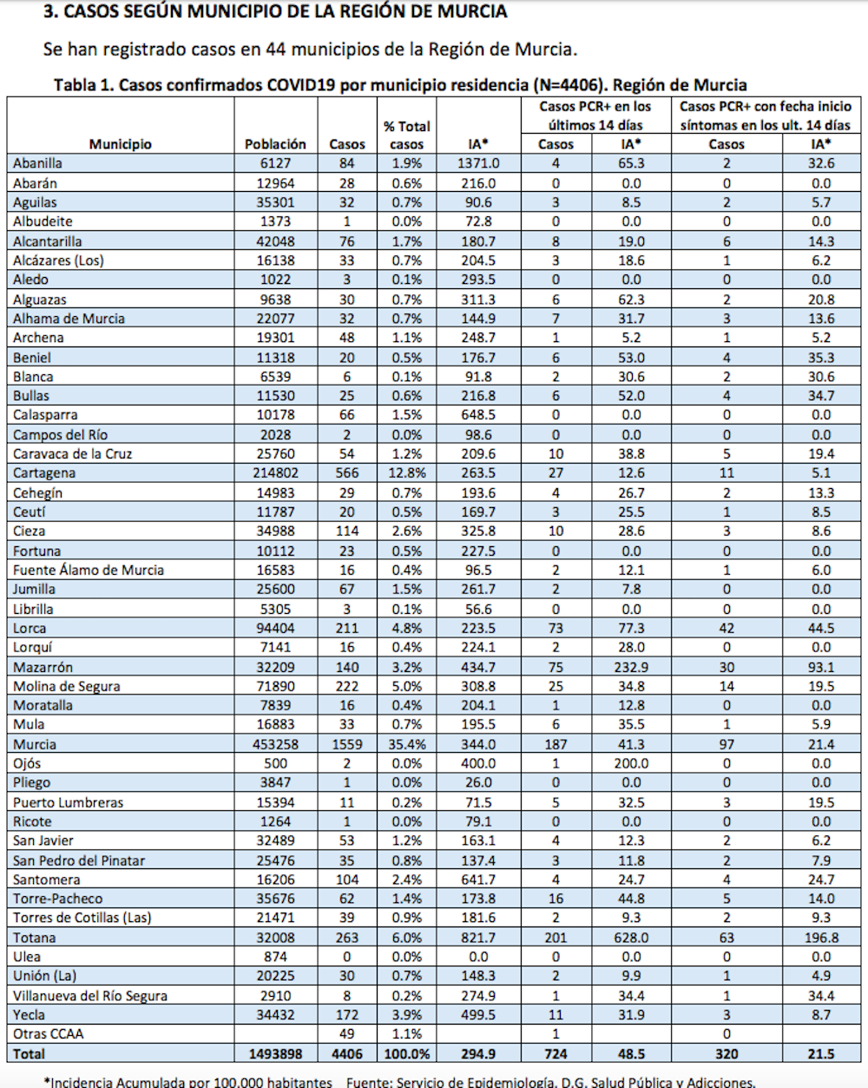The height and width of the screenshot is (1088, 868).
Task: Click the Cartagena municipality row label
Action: coord(44,473)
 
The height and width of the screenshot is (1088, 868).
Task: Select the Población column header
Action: coord(275,144)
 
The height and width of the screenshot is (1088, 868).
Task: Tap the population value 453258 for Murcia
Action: coord(275,744)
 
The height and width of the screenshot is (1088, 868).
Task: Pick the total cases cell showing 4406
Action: coord(346,1054)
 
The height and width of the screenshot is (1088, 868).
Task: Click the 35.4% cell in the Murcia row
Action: coord(406,744)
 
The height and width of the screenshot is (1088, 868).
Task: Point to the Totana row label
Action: coord(35,938)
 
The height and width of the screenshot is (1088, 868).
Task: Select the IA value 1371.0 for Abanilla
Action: coord(478,163)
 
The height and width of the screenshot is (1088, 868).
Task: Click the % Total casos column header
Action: coord(406,135)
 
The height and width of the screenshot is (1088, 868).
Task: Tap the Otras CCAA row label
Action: coord(49,1034)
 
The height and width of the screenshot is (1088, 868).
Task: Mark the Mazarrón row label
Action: coord(43,667)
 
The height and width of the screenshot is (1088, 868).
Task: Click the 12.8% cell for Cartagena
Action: coord(406,473)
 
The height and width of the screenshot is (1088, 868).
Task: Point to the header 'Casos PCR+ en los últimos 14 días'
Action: coord(595,115)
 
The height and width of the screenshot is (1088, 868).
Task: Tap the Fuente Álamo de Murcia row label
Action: coord(89,570)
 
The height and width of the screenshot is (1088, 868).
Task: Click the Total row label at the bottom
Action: coord(30,1054)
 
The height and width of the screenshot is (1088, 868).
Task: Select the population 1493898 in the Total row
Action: coord(275,1054)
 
